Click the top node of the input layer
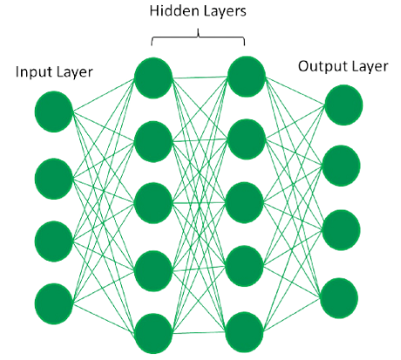pos(54,112)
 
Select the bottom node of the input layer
pos(54,304)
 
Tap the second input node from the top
pos(54,179)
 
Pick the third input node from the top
pos(54,241)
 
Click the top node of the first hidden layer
pos(153,78)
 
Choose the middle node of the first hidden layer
pos(153,203)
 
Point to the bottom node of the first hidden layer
pos(153,333)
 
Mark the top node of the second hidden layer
pos(247,77)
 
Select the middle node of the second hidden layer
pos(245,202)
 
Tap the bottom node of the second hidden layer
pos(245,332)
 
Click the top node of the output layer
pos(343,105)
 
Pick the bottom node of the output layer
pos(339,298)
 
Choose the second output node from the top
pos(342,166)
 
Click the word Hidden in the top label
pos(169,11)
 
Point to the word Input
pos(32,72)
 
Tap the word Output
pos(319,66)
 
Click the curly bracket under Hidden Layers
pos(198,37)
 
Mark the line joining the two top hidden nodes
pos(200,78)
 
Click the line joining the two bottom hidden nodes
pos(199,333)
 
